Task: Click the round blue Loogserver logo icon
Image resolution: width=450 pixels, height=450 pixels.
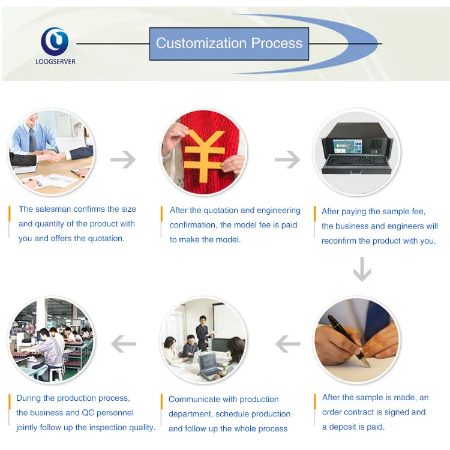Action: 55,41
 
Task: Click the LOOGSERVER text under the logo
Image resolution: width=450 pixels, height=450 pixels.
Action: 55,61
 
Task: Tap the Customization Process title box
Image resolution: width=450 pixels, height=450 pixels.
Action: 229,44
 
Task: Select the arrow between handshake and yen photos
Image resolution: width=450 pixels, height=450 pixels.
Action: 123,159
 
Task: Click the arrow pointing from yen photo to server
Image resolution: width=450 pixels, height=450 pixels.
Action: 287,159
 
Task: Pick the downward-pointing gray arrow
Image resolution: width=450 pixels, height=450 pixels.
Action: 362,269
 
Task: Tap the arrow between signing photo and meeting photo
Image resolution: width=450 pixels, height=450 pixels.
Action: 288,344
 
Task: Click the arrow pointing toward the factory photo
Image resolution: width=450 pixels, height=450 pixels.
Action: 124,344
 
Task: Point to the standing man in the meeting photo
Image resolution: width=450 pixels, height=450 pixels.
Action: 203,333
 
